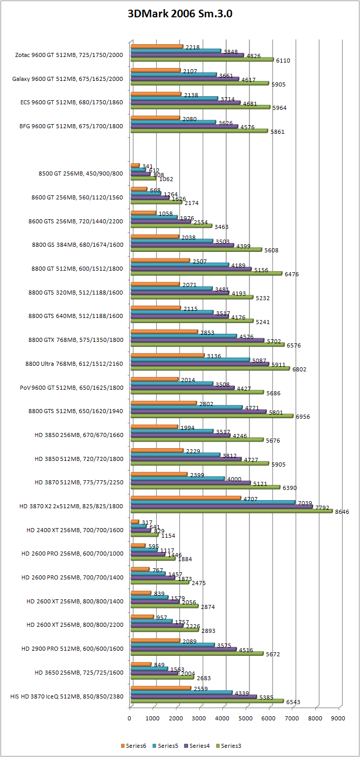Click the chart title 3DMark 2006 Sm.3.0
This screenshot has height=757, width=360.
pos(180,14)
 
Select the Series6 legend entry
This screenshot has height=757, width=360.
pos(135,746)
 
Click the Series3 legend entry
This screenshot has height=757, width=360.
pos(231,746)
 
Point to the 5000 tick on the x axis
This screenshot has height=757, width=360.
pos(246,718)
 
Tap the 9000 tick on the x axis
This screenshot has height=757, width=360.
pos(338,718)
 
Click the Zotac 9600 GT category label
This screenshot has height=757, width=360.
pos(69,54)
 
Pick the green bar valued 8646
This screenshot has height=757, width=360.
pos(231,511)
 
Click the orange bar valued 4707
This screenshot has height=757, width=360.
pos(186,498)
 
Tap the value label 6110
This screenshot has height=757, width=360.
pos(283,60)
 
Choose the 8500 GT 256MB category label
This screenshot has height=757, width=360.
pos(80,172)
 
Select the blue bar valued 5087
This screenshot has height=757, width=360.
pos(190,360)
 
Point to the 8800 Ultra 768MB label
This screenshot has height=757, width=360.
pos(74,364)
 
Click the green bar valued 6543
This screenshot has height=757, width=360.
pos(207,701)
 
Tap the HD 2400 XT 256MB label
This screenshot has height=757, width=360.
pos(75,530)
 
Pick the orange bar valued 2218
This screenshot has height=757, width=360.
pos(157,47)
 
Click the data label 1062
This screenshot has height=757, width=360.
pos(166,179)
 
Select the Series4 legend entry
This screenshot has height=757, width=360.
pos(199,746)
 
